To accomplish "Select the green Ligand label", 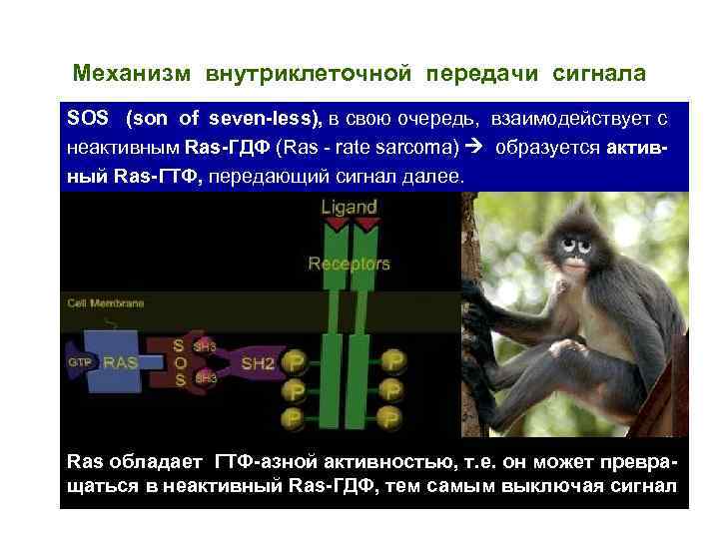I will (x=350, y=208).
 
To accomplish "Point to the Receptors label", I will (x=350, y=265).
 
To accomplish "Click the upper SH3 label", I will (x=205, y=346).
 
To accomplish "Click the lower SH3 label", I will (x=205, y=379).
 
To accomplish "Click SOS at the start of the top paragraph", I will (x=86, y=119).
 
